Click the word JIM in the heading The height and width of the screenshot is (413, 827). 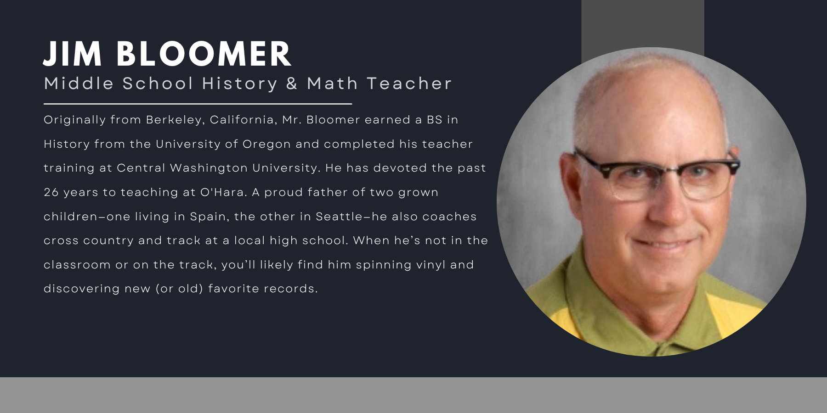coord(72,54)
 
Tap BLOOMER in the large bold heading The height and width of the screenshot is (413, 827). coord(204,54)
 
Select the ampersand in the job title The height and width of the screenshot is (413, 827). coord(292,84)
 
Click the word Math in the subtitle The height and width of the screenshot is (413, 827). coord(332,84)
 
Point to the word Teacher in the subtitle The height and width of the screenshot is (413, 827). coord(409,84)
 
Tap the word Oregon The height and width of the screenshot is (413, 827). coord(266,144)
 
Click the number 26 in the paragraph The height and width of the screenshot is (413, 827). coord(51,192)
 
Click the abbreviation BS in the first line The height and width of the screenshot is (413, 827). coord(435,120)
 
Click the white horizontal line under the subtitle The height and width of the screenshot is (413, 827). coord(198,104)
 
